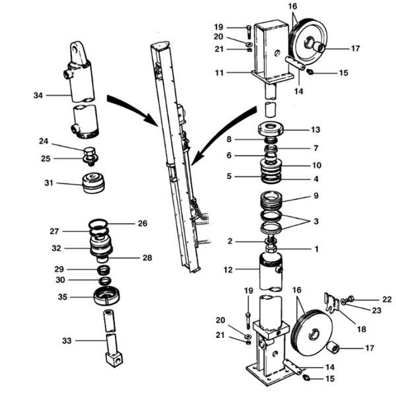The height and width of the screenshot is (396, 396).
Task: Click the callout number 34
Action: [x=38, y=96]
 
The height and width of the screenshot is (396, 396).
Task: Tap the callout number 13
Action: [x=315, y=130]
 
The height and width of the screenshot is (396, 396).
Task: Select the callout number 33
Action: [x=67, y=341]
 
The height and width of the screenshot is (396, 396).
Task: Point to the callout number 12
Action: [x=228, y=270]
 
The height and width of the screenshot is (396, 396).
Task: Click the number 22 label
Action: [x=387, y=300]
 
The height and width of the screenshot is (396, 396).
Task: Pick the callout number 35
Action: [x=63, y=297]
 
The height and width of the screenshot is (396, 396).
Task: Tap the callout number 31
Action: [x=49, y=183]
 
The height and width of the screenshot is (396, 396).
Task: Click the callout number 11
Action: [x=219, y=73]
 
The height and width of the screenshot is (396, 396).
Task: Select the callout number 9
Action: [x=316, y=196]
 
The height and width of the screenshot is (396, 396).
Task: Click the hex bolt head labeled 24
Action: [x=89, y=152]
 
